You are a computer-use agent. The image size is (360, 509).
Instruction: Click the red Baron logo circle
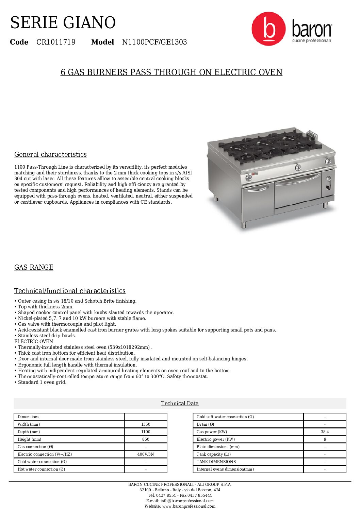[x=268, y=29]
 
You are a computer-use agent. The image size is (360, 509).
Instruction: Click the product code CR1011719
[x=56, y=42]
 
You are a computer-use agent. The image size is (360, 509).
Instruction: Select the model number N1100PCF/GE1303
[x=154, y=42]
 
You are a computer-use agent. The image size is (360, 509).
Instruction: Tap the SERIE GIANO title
[x=63, y=23]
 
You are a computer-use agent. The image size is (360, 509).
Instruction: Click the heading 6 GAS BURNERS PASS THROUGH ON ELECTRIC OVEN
[x=171, y=72]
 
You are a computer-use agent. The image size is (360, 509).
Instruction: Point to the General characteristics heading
[x=50, y=154]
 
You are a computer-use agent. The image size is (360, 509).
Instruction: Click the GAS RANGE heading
[x=34, y=267]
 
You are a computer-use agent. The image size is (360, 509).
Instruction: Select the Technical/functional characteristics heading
[x=70, y=291]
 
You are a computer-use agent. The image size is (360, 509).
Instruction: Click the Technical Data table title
[x=180, y=403]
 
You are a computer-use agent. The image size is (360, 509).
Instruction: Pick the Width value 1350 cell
[x=146, y=424]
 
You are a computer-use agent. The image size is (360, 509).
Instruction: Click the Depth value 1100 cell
[x=146, y=432]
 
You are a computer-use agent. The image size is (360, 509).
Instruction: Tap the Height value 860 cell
[x=146, y=439]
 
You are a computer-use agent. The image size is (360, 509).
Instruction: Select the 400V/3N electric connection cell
[x=146, y=454]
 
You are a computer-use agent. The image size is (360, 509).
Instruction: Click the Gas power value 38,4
[x=325, y=432]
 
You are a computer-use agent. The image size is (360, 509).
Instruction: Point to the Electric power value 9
[x=325, y=439]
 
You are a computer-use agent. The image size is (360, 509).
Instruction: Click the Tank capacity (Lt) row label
[x=214, y=454]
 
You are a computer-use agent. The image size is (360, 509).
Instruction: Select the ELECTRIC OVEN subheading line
[x=34, y=341]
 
